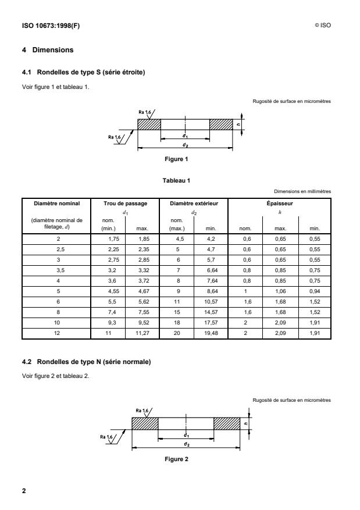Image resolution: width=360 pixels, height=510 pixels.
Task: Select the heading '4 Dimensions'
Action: click(x=48, y=50)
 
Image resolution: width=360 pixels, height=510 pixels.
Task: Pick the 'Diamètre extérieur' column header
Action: click(x=194, y=204)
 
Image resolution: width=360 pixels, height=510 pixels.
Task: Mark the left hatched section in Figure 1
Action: click(x=149, y=124)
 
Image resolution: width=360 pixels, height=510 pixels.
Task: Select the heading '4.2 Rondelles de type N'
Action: click(x=85, y=362)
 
